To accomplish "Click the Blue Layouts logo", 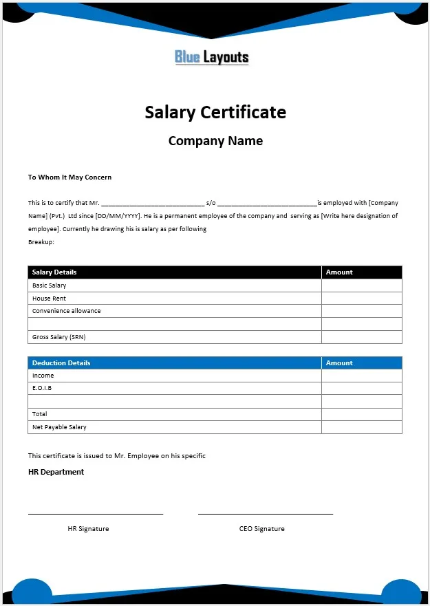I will coord(212,57).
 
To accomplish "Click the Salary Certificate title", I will coord(215,112).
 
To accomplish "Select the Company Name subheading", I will coord(215,141).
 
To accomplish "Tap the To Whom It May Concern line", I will coord(69,177).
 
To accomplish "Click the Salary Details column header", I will coord(54,272).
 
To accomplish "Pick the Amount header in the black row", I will coord(339,272).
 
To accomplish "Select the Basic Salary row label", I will coord(50,285).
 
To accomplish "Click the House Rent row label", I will coord(49,299).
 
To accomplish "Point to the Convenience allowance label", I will coord(66,311).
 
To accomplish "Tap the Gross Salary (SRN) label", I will coord(59,337).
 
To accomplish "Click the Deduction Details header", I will coord(61,362).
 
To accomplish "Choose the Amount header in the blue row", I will coord(339,362).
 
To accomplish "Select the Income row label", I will coord(43,376).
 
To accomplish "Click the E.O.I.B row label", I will coord(42,388).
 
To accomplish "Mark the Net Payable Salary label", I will coord(59,427).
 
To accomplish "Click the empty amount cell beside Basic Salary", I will coord(361,285).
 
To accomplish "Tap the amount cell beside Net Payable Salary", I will coord(361,427).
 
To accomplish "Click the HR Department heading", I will coord(56,472).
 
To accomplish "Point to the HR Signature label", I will coord(88,528).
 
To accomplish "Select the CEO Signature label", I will coord(261,528).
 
